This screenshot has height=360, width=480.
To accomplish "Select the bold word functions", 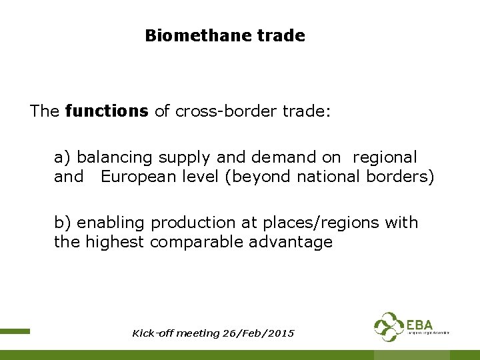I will (107, 111).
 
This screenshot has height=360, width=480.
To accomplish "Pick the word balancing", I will (115, 157).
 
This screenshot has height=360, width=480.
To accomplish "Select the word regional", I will (385, 157).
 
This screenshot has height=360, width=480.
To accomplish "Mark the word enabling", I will (113, 223).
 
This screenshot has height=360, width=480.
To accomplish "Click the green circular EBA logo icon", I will (389, 327).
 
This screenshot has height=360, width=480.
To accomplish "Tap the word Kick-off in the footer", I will (151, 333).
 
